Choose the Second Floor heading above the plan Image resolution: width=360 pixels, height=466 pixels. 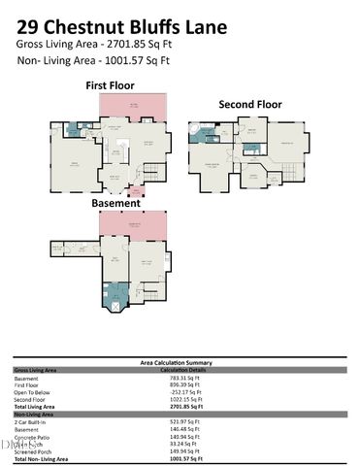pos(249,104)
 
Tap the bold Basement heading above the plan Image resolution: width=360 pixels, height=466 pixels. pos(116,204)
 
